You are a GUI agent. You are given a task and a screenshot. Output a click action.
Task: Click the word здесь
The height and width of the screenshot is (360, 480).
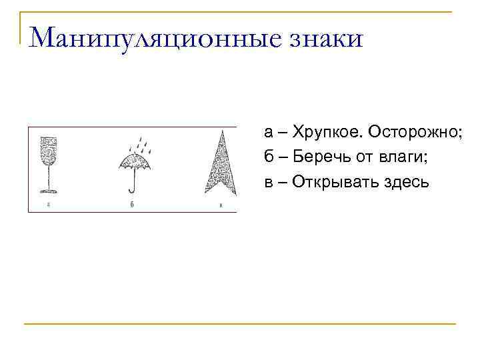[x=406, y=182]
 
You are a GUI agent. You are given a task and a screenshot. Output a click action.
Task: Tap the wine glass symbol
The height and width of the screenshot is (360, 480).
[x=49, y=164]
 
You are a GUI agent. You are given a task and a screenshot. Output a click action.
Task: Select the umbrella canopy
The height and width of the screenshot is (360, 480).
[x=135, y=161]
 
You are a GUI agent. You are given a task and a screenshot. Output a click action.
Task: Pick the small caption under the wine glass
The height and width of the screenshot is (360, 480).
[x=49, y=205]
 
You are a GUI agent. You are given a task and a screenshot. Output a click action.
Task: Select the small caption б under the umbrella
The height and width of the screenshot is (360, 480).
[x=133, y=205]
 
